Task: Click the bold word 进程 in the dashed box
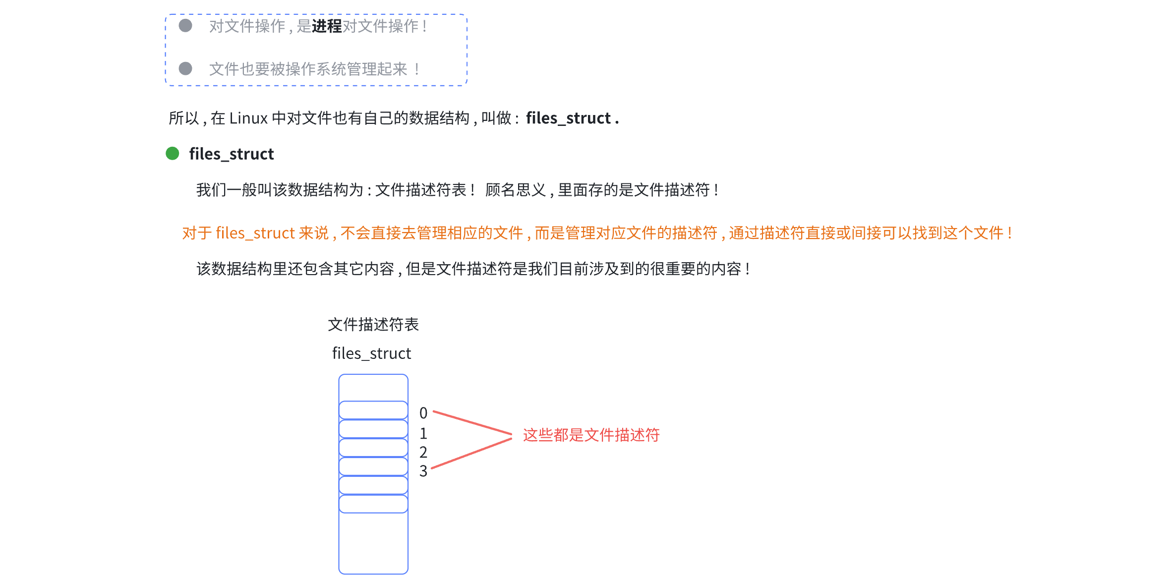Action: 327,26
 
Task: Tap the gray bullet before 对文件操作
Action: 185,26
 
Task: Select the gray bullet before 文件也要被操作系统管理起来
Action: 185,68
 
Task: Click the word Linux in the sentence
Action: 248,118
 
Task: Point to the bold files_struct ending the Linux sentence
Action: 568,118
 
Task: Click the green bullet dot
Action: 173,154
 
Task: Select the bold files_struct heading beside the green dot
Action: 232,154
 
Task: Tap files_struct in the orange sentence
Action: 255,233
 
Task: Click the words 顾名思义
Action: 516,190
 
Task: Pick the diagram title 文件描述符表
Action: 373,325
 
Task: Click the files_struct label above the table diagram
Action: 372,353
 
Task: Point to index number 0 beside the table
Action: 423,413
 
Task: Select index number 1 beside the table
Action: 423,434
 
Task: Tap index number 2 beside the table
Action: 423,452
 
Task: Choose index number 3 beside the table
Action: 423,471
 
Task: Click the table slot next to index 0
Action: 373,410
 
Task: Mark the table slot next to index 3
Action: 373,467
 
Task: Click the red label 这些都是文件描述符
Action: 591,435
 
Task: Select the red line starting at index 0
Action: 472,422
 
